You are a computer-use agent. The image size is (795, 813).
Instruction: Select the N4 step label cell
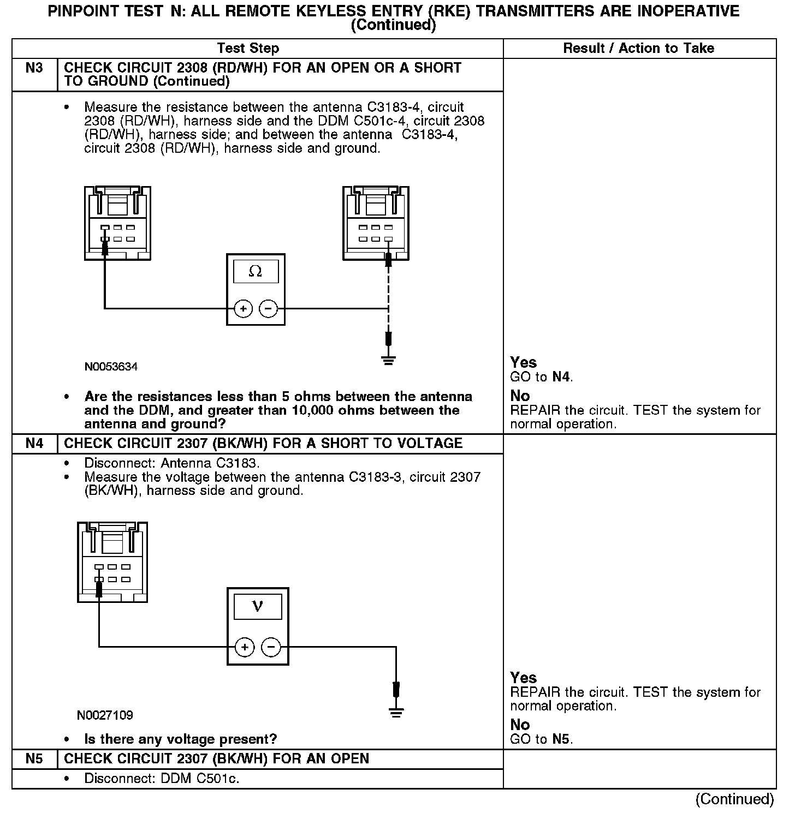[x=34, y=443]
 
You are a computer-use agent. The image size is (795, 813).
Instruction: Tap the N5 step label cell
[x=34, y=758]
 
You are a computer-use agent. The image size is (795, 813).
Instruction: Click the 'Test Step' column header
[x=248, y=48]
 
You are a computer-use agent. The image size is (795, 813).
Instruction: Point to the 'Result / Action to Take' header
[x=638, y=48]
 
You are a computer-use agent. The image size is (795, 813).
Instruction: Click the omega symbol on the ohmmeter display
[x=256, y=271]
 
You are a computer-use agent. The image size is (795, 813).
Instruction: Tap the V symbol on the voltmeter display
[x=258, y=606]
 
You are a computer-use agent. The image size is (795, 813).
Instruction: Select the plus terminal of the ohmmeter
[x=243, y=309]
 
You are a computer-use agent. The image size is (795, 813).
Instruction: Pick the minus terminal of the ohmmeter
[x=268, y=309]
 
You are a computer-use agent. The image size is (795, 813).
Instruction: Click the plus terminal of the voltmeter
[x=245, y=648]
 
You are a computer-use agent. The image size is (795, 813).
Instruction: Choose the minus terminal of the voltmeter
[x=271, y=648]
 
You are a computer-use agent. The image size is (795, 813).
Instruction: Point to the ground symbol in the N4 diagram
[x=396, y=712]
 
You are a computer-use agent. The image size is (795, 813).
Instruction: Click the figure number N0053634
[x=111, y=367]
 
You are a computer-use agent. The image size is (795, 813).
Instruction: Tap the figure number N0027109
[x=105, y=715]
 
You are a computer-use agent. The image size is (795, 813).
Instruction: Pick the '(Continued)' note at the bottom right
[x=734, y=799]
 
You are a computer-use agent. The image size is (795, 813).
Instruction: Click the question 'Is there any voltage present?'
[x=180, y=739]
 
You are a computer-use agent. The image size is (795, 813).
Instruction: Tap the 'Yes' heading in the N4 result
[x=523, y=678]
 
